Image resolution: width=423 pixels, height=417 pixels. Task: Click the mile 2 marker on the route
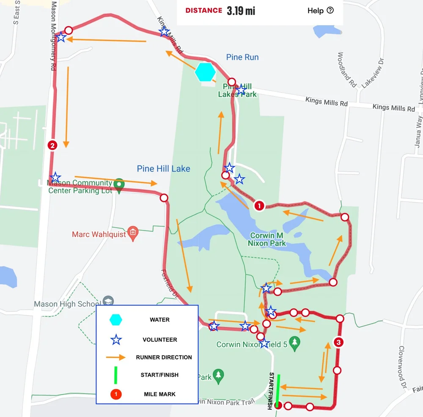[52, 145]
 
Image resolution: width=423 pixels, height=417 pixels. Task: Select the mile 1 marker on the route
[258, 206]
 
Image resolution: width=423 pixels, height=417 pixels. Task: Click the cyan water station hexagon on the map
[205, 71]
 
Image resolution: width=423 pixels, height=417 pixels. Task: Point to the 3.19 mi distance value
[241, 11]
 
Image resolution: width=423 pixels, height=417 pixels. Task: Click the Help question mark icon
[330, 11]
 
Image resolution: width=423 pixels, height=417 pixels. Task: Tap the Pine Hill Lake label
[163, 169]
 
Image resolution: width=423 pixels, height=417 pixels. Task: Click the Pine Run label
[242, 57]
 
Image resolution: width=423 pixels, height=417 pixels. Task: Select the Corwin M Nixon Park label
[267, 239]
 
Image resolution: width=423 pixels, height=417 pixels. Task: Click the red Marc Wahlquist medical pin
[133, 233]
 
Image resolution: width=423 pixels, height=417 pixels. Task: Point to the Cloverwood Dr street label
[402, 366]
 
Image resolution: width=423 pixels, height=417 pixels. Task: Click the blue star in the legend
[116, 340]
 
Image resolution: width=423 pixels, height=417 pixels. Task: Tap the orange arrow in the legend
[116, 357]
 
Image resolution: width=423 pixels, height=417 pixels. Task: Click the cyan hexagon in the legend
[116, 320]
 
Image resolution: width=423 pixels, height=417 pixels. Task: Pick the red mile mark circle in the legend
[116, 394]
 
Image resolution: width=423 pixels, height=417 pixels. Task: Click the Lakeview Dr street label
[373, 72]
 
